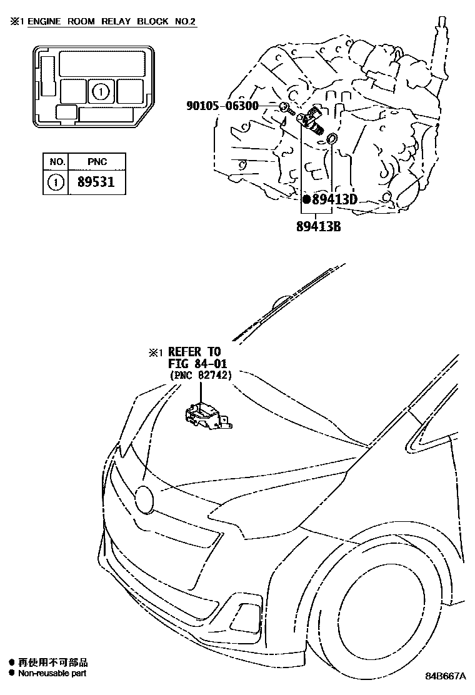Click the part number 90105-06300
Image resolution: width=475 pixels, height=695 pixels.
coord(222,106)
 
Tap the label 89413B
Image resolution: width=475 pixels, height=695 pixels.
coord(318,226)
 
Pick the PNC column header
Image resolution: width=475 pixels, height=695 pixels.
coord(97,162)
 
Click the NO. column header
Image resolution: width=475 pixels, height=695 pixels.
coord(56,162)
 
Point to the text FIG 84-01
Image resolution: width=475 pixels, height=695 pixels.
coord(197,364)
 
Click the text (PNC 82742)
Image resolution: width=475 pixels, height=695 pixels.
coord(201,375)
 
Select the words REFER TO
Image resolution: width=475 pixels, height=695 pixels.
coord(194,352)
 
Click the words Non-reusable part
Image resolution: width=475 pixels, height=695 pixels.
coord(52,673)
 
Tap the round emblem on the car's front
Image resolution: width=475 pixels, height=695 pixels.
coord(145,498)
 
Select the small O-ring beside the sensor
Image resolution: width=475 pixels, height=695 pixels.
coord(333,138)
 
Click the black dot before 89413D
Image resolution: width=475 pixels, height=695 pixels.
coord(306,200)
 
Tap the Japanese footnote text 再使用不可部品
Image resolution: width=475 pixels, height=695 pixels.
coord(53,662)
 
